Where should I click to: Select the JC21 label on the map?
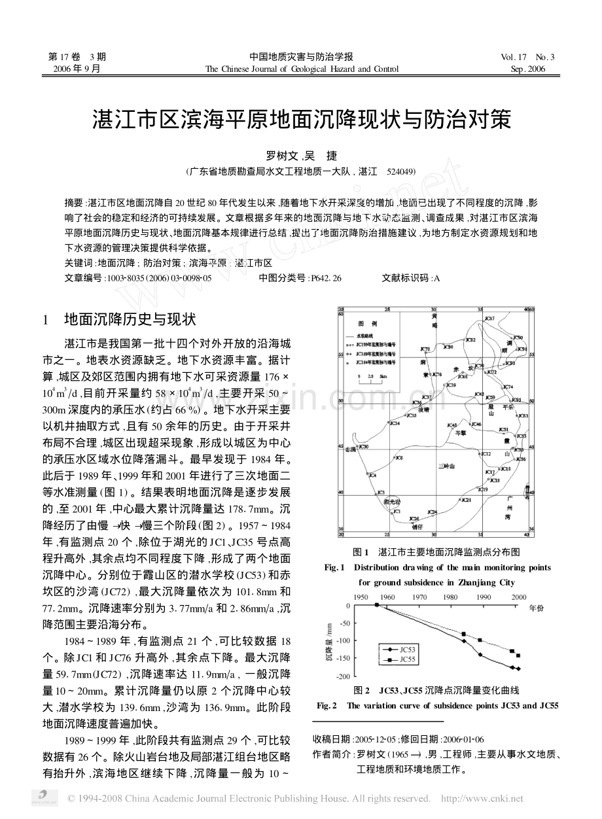466,500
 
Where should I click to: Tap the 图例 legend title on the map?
364,324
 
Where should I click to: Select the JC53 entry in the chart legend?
405,650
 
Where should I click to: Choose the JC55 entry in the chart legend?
405,660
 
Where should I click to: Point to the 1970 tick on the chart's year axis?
420,598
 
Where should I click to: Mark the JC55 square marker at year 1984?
463,634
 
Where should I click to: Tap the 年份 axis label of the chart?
535,608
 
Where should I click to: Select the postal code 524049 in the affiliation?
400,172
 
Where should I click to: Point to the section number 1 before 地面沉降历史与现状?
46,320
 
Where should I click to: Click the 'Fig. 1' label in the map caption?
334,568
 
